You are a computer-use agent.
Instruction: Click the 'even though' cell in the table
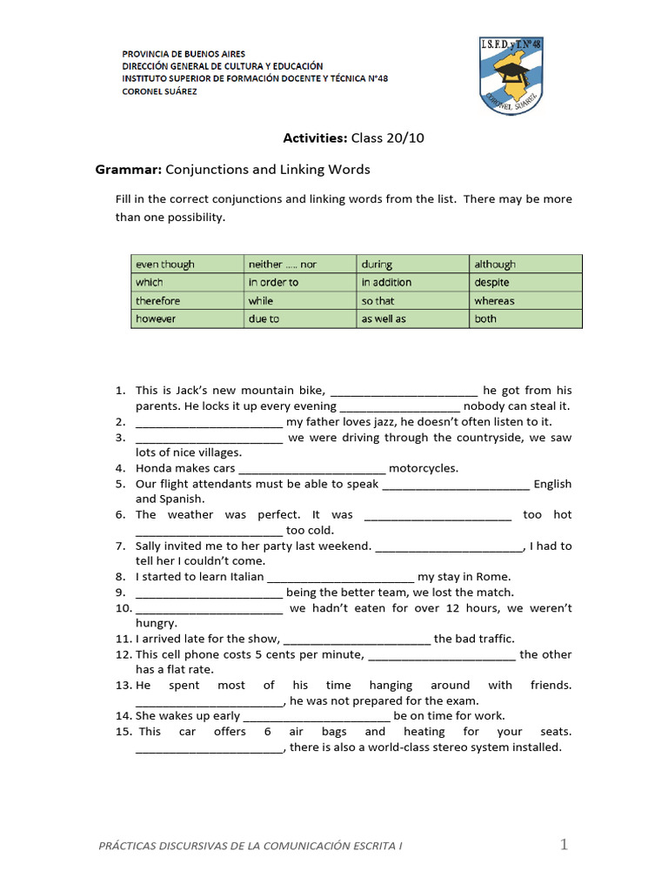(186, 264)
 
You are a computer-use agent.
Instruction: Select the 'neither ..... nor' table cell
(299, 264)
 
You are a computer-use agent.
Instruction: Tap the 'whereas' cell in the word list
(525, 300)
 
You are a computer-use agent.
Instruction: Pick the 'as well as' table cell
(412, 318)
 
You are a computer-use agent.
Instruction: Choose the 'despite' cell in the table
(525, 282)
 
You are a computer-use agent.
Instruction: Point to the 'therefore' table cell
(186, 300)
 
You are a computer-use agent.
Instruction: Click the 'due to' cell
(299, 318)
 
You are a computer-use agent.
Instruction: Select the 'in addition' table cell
(412, 282)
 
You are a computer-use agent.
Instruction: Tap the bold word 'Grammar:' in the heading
(128, 169)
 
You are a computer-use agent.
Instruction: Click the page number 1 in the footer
(564, 844)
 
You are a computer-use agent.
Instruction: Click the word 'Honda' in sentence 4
(153, 468)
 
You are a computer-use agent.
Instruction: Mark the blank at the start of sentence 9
(209, 593)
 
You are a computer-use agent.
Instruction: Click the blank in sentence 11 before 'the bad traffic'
(357, 640)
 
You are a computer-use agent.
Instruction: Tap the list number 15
(123, 732)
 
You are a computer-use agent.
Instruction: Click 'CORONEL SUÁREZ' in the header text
(159, 91)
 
